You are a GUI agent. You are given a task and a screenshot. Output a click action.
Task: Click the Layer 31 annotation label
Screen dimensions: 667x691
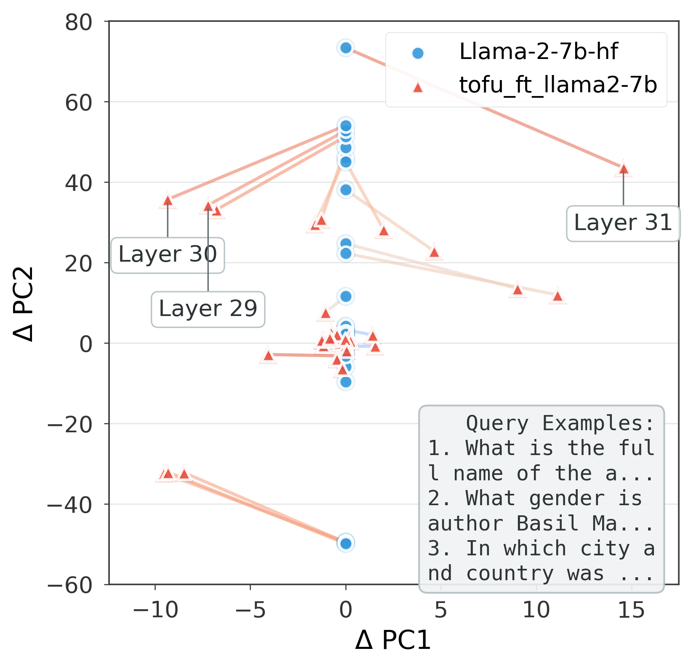pos(623,223)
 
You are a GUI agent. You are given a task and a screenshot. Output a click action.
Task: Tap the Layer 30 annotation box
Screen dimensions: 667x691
pos(168,255)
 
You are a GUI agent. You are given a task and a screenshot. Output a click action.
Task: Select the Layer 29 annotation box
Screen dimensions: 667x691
pos(208,309)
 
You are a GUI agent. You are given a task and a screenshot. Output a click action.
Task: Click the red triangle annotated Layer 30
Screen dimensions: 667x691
pos(168,201)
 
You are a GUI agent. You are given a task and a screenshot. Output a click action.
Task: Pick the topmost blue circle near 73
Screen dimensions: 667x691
pos(346,48)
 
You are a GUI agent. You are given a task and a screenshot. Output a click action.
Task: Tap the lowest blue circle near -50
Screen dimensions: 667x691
pos(346,544)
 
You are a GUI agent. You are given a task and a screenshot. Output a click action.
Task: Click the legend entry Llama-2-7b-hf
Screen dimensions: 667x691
pos(538,52)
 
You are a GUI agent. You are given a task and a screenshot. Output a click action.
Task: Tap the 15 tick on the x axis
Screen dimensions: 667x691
pos(631,611)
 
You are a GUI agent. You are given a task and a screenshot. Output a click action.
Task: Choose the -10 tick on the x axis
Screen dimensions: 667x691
pos(155,611)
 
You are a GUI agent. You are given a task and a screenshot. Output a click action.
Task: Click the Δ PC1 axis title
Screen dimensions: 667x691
pos(393,641)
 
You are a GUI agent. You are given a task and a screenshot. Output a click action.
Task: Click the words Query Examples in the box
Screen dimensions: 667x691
pos(560,423)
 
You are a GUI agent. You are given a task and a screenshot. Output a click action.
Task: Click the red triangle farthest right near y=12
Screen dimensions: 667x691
pos(558,296)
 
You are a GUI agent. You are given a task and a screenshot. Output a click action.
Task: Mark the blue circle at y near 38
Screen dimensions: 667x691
pos(346,190)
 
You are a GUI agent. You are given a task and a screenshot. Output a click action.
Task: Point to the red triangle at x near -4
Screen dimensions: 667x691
pos(269,356)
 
